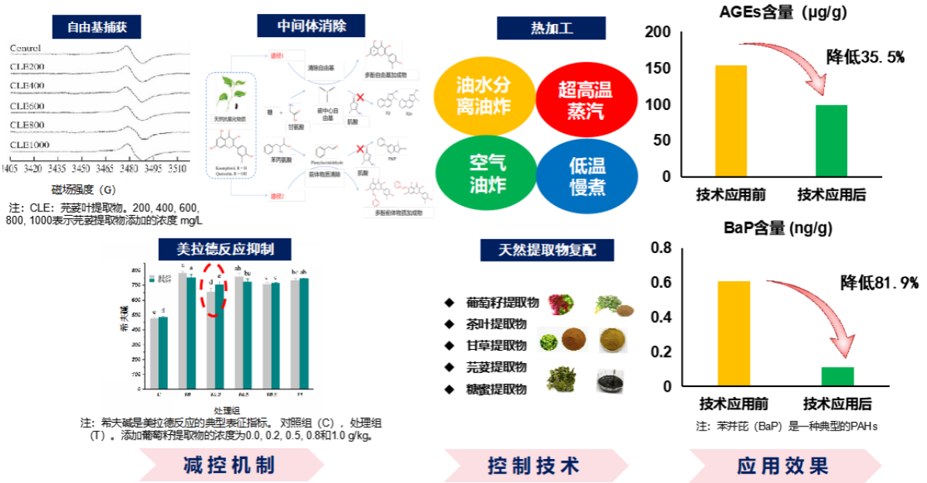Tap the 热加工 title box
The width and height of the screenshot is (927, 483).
551,29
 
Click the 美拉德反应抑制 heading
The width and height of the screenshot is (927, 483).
224,249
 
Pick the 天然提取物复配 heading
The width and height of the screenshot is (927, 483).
547,250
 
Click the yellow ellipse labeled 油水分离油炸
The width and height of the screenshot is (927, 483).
484,95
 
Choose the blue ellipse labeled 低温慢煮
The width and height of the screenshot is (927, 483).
587,176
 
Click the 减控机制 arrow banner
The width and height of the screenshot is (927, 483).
231,465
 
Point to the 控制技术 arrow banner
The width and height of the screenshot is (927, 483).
535,466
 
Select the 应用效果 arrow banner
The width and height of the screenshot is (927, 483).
783,466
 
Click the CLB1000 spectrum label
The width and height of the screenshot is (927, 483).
29,145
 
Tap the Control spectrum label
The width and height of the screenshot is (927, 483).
25,48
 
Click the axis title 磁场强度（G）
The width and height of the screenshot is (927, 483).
84,190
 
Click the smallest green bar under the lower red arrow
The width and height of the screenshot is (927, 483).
837,375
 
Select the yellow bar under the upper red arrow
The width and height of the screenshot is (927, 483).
731,120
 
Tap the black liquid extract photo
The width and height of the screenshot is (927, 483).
610,380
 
